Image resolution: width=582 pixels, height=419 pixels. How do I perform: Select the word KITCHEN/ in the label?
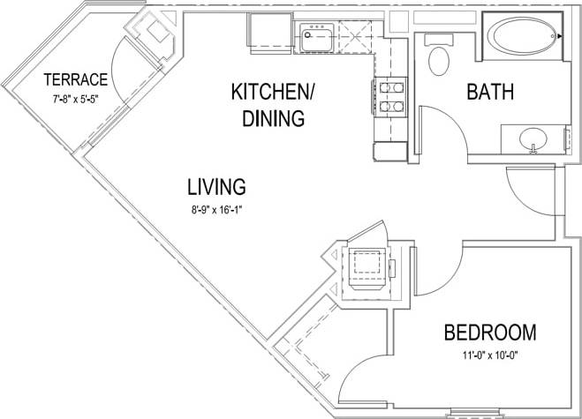tap(273, 92)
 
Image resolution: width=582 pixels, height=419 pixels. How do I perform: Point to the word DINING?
tap(273, 117)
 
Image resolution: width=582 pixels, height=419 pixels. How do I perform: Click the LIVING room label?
tap(215, 186)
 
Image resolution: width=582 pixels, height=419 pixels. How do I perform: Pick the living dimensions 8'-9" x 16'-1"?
tap(215, 211)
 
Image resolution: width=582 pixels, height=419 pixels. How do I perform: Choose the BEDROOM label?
tap(489, 333)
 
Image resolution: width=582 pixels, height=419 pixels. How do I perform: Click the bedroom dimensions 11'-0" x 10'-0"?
tap(489, 356)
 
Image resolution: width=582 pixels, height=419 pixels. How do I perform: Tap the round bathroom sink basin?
tap(533, 138)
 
